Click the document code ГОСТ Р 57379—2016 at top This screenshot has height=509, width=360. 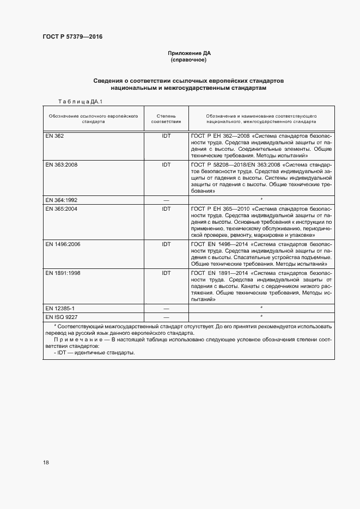[72, 37]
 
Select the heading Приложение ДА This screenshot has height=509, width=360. [189, 53]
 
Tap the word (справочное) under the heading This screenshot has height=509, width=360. [189, 60]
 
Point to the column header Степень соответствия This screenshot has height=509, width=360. [166, 119]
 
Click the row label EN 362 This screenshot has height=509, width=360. [54, 136]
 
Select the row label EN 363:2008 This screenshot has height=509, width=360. [61, 164]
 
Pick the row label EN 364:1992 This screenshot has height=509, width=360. [61, 200]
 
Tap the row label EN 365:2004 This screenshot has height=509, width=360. [61, 208]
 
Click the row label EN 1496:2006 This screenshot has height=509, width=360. [63, 244]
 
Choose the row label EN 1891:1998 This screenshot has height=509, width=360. [63, 273]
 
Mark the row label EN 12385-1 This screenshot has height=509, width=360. [60, 308]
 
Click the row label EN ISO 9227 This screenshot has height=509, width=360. [61, 317]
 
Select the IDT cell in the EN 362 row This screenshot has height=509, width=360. [166, 136]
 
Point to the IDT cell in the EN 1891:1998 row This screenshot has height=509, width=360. [166, 273]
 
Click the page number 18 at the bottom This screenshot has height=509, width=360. [46, 463]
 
